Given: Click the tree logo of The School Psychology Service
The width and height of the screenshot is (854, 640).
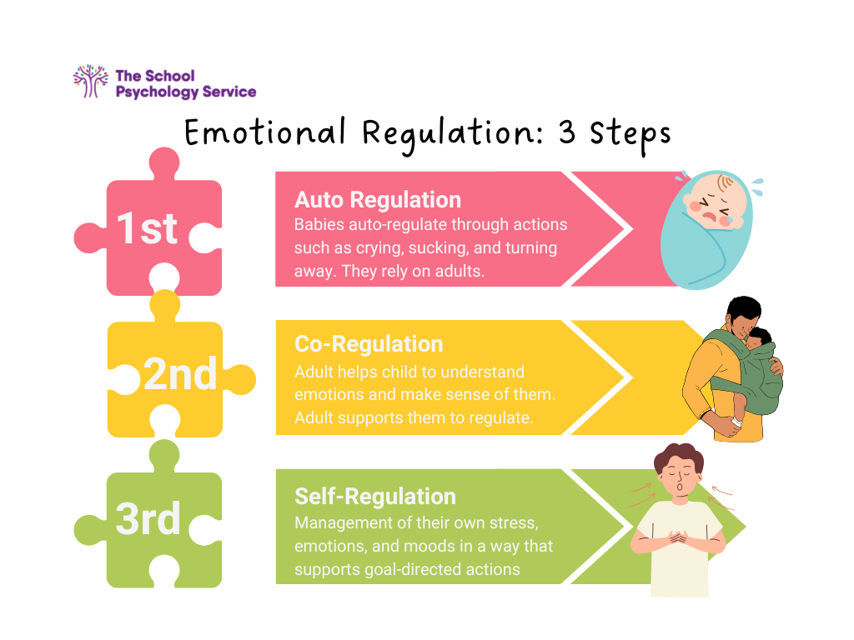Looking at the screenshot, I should pos(91,82).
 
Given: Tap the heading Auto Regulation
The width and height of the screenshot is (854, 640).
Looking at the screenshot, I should pos(377,200).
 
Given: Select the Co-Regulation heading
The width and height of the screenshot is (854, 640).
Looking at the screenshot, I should pos(368,344).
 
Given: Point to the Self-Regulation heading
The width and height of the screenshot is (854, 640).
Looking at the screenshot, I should pos(374,497).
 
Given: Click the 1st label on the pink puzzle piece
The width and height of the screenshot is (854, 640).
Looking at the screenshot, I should pos(148,227).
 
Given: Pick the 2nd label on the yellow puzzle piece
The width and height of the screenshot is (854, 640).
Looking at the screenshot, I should pos(179,375).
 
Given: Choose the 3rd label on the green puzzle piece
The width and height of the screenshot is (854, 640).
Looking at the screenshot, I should pos(148,518).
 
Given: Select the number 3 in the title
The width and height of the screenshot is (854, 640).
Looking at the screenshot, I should pos(568,132).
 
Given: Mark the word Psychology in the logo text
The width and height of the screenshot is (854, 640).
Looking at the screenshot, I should pos(154,92).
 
